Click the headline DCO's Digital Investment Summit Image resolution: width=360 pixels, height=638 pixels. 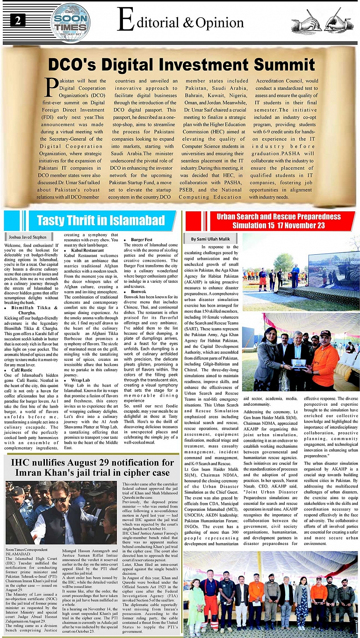[x=181, y=63]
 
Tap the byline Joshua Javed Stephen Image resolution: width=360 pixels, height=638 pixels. [x=27, y=237]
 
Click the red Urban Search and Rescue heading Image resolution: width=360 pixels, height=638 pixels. [x=272, y=221]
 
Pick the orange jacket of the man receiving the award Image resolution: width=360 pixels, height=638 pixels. [x=325, y=365]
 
